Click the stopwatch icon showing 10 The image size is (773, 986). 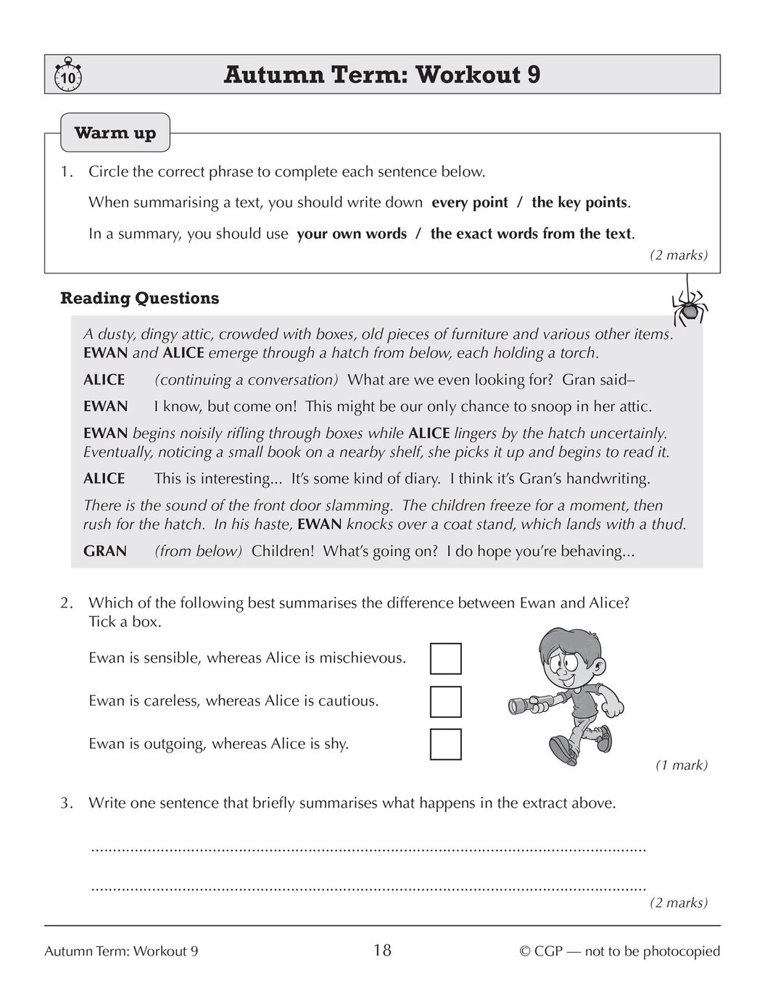(67, 75)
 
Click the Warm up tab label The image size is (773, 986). (115, 133)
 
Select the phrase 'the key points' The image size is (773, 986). (579, 202)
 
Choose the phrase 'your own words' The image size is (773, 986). (352, 233)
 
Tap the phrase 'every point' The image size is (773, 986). (470, 202)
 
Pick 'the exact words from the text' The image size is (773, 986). (532, 233)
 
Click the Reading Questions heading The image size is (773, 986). (139, 298)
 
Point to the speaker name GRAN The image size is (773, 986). (105, 551)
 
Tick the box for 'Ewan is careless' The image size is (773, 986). (445, 701)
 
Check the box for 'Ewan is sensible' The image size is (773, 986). (445, 658)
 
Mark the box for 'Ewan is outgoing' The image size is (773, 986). (445, 744)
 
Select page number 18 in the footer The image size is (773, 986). (382, 950)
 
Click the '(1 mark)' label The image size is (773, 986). (681, 765)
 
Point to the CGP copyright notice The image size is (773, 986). (619, 951)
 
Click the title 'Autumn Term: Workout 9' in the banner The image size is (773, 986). (382, 75)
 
